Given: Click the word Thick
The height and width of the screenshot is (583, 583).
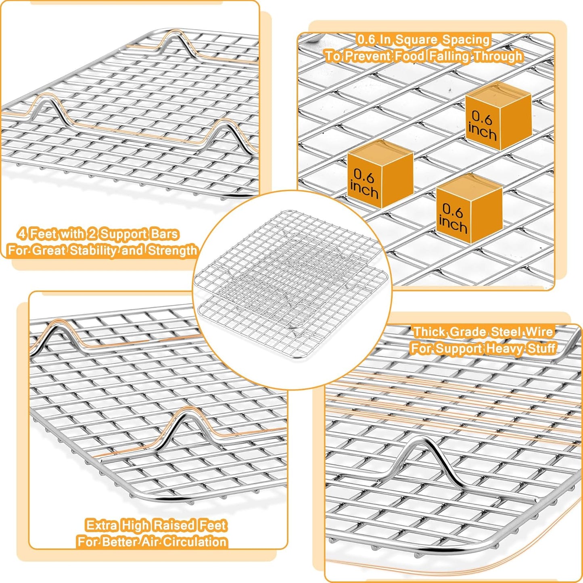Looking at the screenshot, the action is tap(430, 332).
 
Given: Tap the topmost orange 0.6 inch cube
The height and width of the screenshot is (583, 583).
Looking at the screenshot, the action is tap(498, 115).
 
